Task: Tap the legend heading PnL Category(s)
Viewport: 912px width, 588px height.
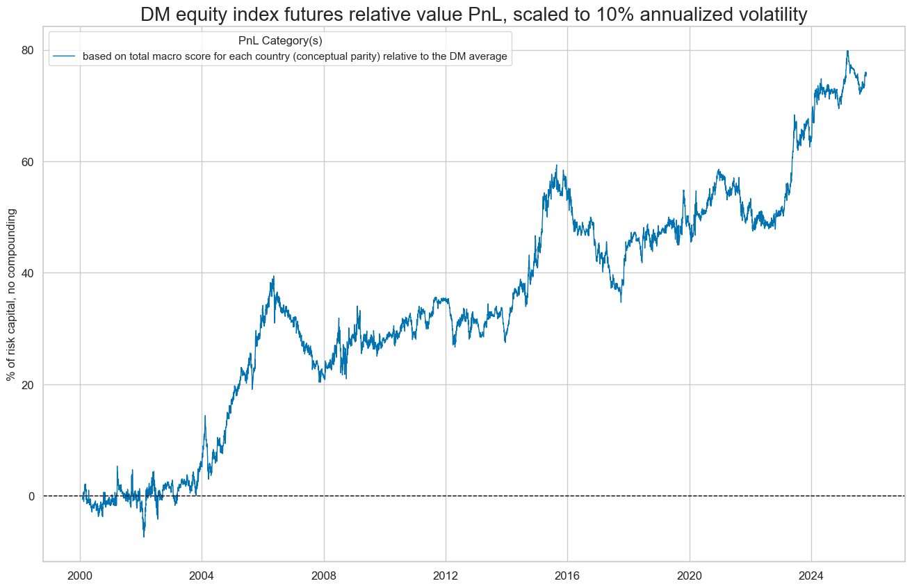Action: [280, 41]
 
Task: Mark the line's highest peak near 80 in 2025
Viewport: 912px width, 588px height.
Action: [847, 51]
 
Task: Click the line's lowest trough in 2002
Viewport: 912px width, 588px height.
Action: [144, 537]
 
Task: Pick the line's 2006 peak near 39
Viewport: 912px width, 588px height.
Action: [274, 276]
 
